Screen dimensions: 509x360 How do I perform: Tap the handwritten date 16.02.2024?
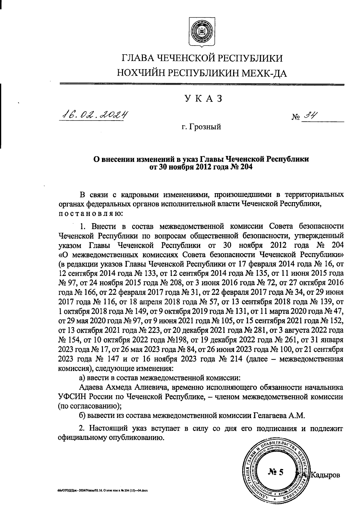[94, 114]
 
